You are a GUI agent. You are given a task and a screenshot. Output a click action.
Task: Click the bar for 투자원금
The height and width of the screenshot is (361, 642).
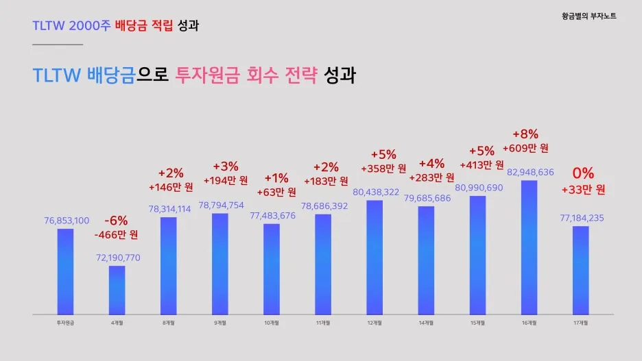tap(65, 271)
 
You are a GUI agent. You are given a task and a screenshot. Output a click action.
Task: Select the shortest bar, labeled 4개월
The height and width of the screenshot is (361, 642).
tap(117, 289)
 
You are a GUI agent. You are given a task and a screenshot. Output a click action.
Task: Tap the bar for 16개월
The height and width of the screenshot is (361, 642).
tap(529, 247)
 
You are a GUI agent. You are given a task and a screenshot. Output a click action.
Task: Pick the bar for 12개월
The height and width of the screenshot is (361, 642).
tap(374, 256)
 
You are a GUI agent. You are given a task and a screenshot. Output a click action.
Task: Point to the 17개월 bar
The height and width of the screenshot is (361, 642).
tap(580, 269)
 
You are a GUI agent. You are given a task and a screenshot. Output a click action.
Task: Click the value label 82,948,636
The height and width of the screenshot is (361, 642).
tap(530, 172)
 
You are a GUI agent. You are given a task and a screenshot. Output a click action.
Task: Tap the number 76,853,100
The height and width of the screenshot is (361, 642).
tap(66, 220)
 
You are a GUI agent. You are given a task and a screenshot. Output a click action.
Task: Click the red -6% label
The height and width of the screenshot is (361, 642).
tap(116, 221)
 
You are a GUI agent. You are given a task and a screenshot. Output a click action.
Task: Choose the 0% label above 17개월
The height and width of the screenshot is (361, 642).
tap(583, 173)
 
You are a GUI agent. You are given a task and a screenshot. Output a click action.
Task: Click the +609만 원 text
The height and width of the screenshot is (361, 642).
tap(525, 148)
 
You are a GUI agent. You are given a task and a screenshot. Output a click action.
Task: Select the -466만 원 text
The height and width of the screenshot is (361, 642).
tap(116, 235)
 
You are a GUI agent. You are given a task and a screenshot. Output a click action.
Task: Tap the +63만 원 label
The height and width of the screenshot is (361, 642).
tap(276, 192)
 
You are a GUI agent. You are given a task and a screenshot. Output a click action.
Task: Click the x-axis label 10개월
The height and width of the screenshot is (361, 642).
tap(271, 322)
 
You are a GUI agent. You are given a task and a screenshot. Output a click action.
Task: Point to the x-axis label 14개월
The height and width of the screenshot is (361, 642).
tap(426, 322)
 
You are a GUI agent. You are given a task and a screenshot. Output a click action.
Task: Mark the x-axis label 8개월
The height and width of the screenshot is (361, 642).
tap(168, 322)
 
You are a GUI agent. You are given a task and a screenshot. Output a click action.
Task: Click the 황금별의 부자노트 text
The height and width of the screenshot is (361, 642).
tap(588, 15)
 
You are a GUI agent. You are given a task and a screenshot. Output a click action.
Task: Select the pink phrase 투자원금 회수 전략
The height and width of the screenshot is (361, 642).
tap(247, 75)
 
